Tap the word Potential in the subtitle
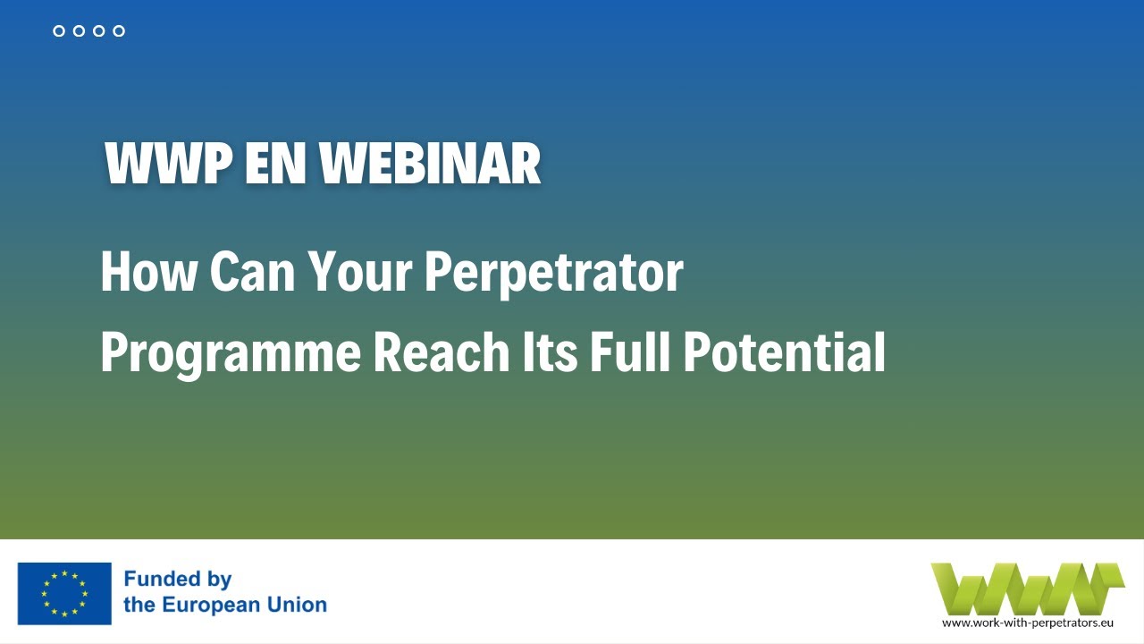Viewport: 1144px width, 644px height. point(784,352)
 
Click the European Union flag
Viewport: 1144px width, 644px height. point(64,593)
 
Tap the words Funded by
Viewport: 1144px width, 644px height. point(178,580)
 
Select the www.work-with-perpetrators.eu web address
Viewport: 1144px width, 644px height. point(1027,622)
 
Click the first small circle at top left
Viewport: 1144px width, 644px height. point(59,31)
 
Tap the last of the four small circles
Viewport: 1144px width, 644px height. point(119,31)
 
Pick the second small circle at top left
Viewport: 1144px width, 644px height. point(79,31)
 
